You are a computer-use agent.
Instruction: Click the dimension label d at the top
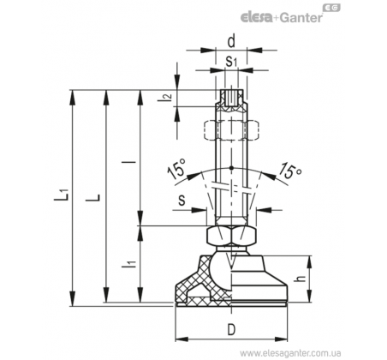[231, 42]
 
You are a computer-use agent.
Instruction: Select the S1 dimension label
[231, 62]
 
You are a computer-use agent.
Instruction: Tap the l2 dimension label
[169, 98]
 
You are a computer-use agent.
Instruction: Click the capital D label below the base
[231, 330]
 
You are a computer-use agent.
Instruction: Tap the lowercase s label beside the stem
[182, 201]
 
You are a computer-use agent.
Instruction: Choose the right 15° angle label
[289, 170]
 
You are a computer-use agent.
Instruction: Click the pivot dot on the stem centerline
[231, 168]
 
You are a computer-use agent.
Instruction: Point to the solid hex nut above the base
[231, 236]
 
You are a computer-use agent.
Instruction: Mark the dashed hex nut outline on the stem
[231, 130]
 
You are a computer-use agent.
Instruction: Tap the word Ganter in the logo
[301, 18]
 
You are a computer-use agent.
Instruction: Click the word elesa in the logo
[257, 18]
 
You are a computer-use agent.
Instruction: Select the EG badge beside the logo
[331, 8]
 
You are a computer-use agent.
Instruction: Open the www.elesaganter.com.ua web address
[290, 352]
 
